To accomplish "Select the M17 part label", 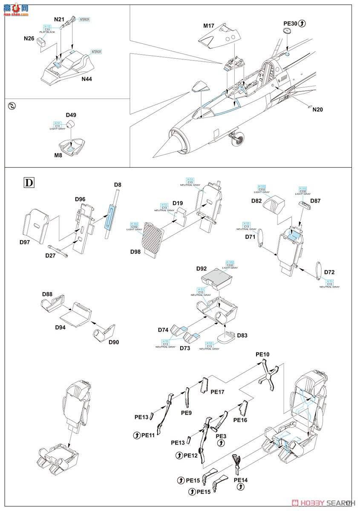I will (x=208, y=26).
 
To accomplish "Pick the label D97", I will (x=27, y=242).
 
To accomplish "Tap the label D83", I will (x=242, y=336).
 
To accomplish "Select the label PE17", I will (x=218, y=391).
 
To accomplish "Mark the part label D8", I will (x=118, y=184).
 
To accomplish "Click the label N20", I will (x=317, y=109).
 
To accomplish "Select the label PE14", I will (x=241, y=480).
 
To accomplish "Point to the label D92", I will (x=202, y=269).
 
